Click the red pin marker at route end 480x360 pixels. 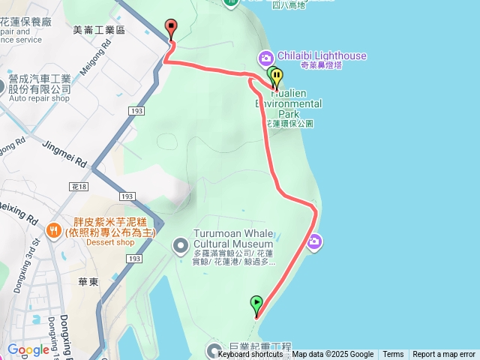171,28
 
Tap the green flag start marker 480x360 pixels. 256,304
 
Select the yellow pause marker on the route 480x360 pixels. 277,76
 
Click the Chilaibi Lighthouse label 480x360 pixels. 322,55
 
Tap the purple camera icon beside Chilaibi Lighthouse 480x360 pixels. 265,57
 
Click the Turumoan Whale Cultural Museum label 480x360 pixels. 233,238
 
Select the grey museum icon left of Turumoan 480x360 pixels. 181,245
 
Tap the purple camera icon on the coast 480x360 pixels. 314,241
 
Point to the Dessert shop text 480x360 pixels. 109,242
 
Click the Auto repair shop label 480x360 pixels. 40,98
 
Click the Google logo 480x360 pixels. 28,349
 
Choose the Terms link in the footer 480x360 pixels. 393,355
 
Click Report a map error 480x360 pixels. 444,355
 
